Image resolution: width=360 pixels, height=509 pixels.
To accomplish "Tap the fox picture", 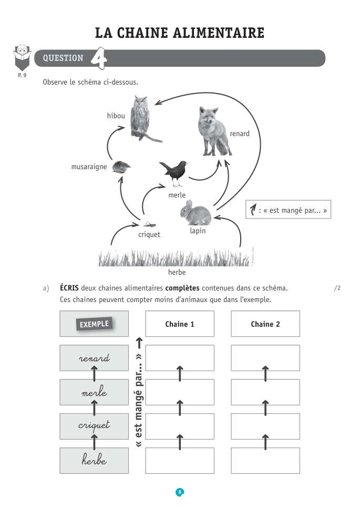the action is pyautogui.click(x=213, y=131).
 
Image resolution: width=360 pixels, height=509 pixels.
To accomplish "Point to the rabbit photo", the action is pyautogui.click(x=196, y=213).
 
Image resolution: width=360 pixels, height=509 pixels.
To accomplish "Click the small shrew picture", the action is pyautogui.click(x=121, y=167).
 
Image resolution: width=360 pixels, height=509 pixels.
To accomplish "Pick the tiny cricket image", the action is pyautogui.click(x=150, y=224).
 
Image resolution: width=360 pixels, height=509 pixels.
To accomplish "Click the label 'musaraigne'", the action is pyautogui.click(x=89, y=167).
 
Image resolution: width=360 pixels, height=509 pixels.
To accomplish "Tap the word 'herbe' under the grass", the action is pyautogui.click(x=177, y=272).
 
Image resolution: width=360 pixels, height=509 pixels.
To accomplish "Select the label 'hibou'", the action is pyautogui.click(x=116, y=116).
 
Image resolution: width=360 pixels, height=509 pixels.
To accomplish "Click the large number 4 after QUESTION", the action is pyautogui.click(x=98, y=58).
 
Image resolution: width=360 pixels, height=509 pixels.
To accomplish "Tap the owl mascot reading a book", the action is pyautogui.click(x=22, y=57).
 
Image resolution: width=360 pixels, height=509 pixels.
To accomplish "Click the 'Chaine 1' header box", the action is pyautogui.click(x=180, y=324).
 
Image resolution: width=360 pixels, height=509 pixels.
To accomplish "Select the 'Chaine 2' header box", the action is pyautogui.click(x=265, y=324).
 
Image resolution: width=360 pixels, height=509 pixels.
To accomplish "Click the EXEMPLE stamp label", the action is pyautogui.click(x=94, y=324).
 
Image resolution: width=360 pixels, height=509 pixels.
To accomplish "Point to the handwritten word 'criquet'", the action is pyautogui.click(x=94, y=425).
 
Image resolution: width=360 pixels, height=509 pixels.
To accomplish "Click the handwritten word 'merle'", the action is pyautogui.click(x=94, y=391).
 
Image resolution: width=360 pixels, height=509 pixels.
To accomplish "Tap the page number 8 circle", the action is pyautogui.click(x=180, y=492).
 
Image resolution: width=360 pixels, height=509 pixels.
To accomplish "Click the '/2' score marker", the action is pyautogui.click(x=337, y=288).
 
